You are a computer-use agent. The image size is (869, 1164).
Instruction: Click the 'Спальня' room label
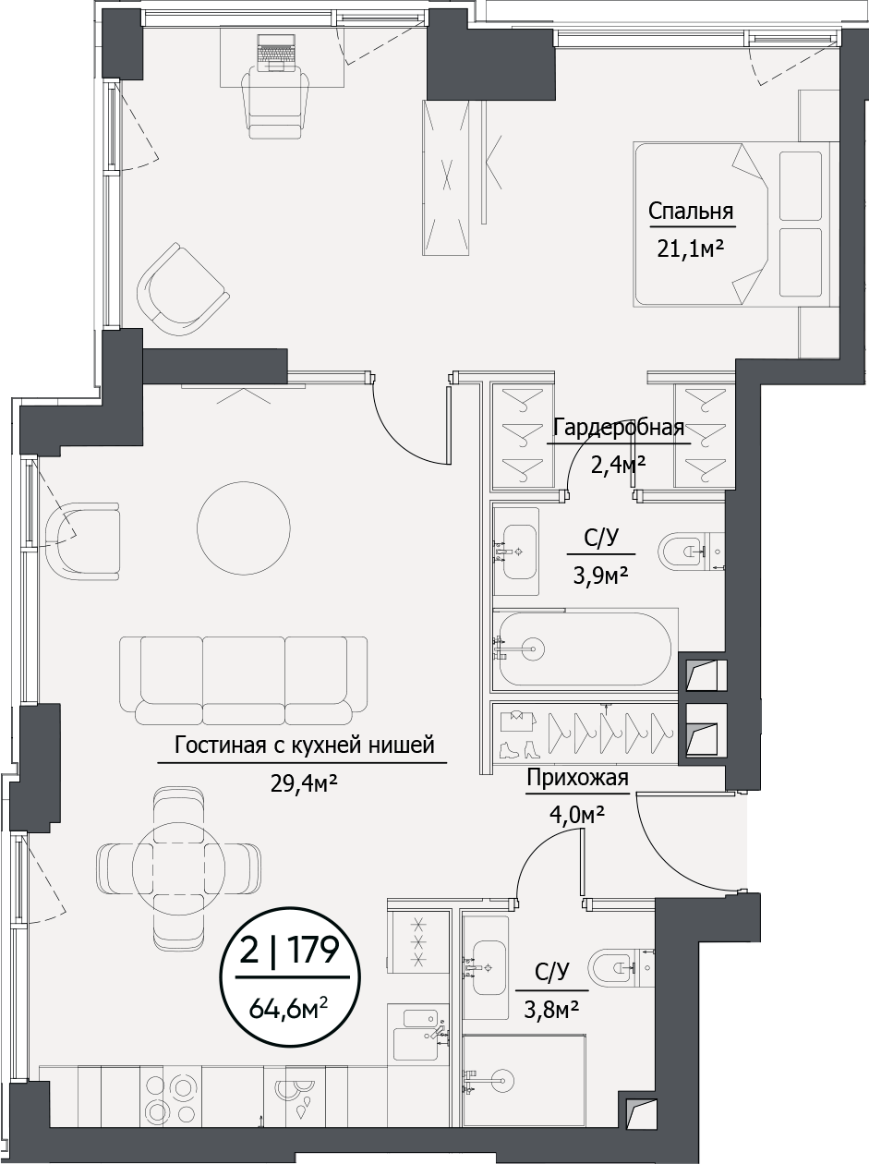[x=691, y=212]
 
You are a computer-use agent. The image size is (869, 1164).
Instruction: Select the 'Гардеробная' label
[x=618, y=427]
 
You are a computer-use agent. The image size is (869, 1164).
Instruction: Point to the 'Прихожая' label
[x=577, y=778]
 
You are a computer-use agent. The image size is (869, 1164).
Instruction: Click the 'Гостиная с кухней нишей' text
[x=303, y=746]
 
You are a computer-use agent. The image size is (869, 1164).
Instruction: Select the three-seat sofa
[x=244, y=679]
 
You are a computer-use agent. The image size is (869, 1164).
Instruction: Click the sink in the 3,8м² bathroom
[x=486, y=966]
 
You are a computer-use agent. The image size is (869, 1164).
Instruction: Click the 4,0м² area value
[x=577, y=815]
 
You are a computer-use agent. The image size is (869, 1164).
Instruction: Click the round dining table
[x=178, y=867]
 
